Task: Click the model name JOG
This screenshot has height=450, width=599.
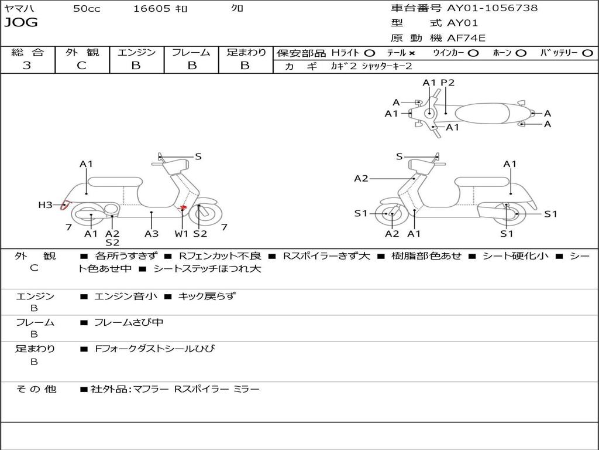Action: click(x=21, y=23)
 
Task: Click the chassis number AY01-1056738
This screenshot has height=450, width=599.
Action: click(x=492, y=8)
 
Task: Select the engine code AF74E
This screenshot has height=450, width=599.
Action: click(x=466, y=38)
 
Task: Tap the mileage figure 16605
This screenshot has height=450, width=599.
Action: click(x=152, y=8)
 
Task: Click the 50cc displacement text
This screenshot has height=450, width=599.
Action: click(x=87, y=8)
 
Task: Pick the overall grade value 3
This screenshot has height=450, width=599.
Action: click(x=27, y=65)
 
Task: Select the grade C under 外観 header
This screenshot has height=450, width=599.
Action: click(x=81, y=65)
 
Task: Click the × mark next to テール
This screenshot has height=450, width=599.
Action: click(x=411, y=53)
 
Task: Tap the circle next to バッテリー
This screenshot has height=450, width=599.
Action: click(x=587, y=53)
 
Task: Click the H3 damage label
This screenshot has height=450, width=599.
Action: click(x=45, y=205)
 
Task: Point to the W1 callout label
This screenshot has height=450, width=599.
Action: click(x=181, y=233)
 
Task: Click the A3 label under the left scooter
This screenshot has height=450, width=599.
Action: click(x=152, y=233)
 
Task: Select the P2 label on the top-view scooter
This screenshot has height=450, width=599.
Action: click(x=447, y=83)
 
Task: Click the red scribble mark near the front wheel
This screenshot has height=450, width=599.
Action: click(x=183, y=208)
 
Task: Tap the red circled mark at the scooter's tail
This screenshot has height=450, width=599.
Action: click(x=66, y=206)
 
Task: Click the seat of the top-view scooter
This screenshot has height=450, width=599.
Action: click(x=482, y=114)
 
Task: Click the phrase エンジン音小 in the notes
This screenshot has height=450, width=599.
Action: click(x=125, y=296)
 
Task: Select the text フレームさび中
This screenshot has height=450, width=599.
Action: click(x=129, y=323)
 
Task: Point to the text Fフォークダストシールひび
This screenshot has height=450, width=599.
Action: click(x=154, y=349)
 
